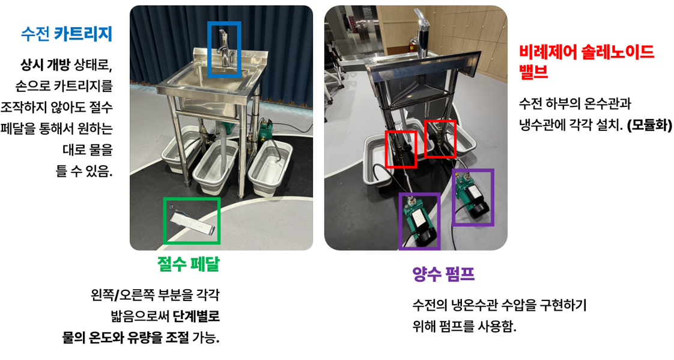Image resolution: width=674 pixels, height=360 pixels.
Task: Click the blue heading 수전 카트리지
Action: (66, 34)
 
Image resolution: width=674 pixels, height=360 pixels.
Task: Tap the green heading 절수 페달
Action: (188, 264)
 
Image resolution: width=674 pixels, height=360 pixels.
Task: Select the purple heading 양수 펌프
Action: (443, 275)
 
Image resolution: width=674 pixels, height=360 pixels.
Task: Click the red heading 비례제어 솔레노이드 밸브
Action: (586, 61)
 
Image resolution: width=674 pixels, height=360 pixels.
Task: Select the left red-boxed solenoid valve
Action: (400, 148)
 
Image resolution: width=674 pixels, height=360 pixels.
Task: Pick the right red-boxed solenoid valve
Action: (439, 138)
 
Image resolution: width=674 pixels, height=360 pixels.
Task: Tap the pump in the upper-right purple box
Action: (472, 197)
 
